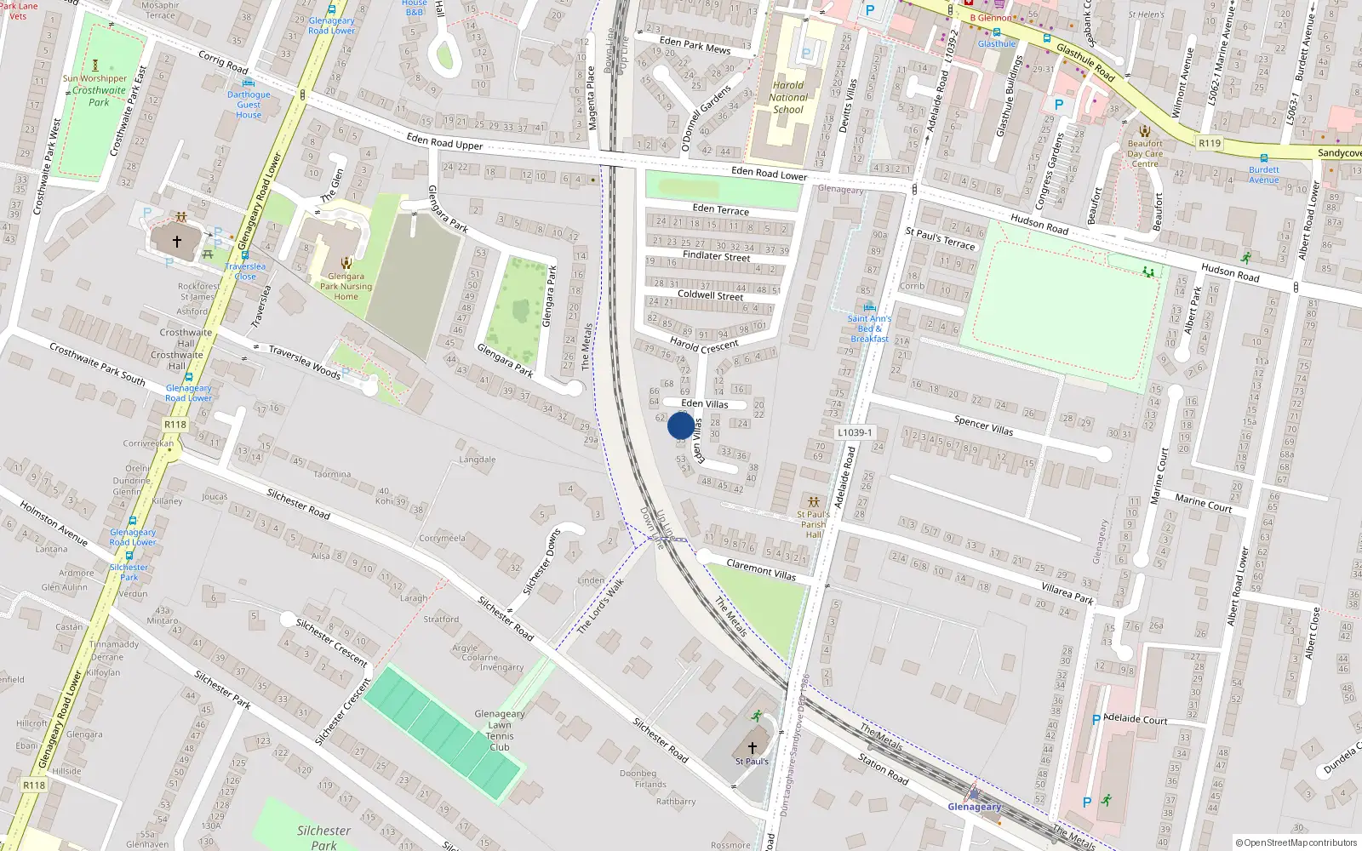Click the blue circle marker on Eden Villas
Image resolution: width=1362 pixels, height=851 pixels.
681,425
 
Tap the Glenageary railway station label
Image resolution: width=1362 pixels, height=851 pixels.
975,807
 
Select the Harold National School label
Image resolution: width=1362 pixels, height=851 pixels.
788,97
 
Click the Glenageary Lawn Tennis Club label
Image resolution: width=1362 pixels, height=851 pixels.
500,731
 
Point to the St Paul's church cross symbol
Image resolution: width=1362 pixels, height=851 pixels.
752,748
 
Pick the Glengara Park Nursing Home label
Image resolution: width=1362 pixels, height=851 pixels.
346,286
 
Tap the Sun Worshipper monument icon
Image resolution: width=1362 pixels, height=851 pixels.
95,65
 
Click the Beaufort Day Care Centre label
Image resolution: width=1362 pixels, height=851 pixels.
1145,154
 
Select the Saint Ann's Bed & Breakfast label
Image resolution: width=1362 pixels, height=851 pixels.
869,328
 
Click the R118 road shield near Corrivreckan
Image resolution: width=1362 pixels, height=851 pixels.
175,424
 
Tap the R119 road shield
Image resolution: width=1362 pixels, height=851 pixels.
1209,143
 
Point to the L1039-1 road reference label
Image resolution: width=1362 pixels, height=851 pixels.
854,432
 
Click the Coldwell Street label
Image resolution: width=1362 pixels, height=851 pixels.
710,295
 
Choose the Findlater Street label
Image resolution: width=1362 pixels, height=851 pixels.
716,255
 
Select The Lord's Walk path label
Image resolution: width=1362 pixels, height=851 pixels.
601,606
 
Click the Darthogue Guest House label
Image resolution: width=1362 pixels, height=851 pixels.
249,105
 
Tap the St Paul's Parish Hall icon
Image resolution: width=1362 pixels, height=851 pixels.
814,501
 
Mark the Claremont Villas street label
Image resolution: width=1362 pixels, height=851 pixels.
761,570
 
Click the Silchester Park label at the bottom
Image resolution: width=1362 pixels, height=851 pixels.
323,837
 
